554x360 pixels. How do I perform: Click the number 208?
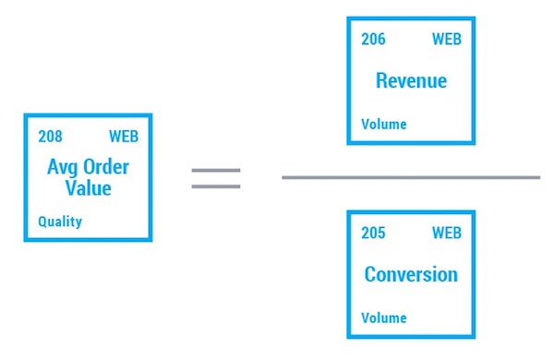50,137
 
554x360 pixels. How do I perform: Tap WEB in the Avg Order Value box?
124,137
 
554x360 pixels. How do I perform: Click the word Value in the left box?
88,188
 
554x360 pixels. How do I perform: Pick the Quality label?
60,222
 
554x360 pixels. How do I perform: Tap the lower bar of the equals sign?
215,186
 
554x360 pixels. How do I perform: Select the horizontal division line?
411,176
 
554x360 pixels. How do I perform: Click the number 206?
373,40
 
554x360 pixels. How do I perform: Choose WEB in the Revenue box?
447,40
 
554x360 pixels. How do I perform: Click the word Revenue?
411,81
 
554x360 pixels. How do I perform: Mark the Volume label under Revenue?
383,125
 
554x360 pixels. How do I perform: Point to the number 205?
373,234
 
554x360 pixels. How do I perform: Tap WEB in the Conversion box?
447,234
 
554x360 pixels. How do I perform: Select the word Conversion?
411,275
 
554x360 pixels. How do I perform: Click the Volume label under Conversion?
383,318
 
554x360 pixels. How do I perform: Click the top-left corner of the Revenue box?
348,18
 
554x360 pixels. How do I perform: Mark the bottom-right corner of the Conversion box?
474,337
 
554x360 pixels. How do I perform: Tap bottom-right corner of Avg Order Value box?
151,240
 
